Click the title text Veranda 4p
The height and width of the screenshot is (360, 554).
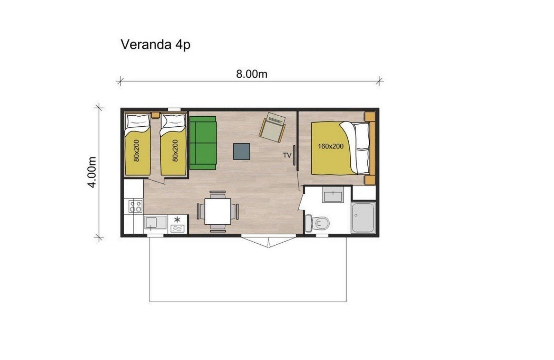point(155,45)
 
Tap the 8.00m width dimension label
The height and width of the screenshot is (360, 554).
point(251,74)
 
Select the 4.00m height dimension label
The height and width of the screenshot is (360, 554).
point(92,172)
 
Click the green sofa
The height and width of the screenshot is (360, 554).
point(203,143)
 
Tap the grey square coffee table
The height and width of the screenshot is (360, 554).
point(242,151)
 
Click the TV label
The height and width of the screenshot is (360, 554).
point(287,155)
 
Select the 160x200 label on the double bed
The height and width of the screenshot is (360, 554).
point(331,146)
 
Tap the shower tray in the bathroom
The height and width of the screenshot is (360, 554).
point(363,218)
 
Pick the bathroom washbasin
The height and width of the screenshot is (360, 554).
point(333,195)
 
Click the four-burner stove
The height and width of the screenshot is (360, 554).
point(135,207)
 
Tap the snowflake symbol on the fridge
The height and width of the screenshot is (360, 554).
point(177,219)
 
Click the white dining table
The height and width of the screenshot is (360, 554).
point(217,211)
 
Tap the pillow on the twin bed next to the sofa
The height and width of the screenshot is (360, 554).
point(173,121)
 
